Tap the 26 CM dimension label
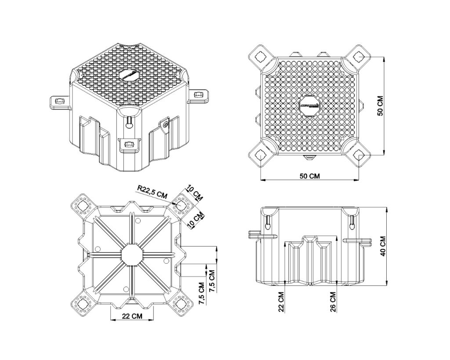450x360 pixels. point(333,301)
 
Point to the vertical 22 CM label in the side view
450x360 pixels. point(281,301)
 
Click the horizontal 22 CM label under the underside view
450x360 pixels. point(132,316)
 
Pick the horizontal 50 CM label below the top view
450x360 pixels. point(309,176)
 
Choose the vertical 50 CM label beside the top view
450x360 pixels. point(381,105)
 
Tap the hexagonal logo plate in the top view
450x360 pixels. point(309,105)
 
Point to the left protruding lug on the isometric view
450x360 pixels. point(59,102)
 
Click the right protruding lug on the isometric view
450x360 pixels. point(198,95)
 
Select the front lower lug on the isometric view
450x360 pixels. point(129,145)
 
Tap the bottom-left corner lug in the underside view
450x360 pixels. point(82,304)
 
